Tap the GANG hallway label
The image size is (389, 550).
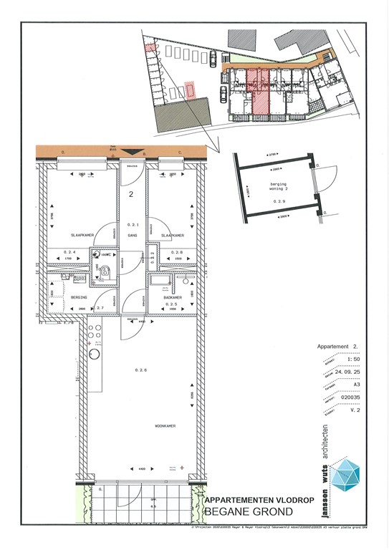(131, 235)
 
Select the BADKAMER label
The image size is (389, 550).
(173, 296)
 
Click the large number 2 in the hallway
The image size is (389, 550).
(131, 193)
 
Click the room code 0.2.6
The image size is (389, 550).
(140, 370)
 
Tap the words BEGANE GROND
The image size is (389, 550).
(249, 512)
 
